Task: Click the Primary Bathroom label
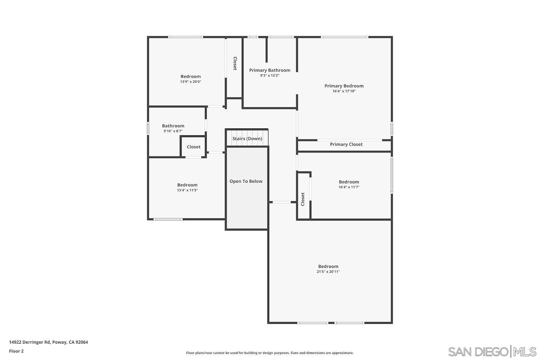pyautogui.click(x=270, y=70)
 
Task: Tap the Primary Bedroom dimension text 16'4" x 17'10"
pyautogui.click(x=344, y=91)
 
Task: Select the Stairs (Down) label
pyautogui.click(x=247, y=139)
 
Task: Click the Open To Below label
pyautogui.click(x=246, y=181)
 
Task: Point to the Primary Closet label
pyautogui.click(x=346, y=144)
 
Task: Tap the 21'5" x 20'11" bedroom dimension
pyautogui.click(x=328, y=272)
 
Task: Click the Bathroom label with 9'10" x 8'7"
pyautogui.click(x=173, y=126)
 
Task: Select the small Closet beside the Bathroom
pyautogui.click(x=193, y=147)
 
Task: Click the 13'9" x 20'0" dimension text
pyautogui.click(x=190, y=82)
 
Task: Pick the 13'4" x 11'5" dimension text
pyautogui.click(x=187, y=190)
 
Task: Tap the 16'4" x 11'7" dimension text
pyautogui.click(x=349, y=187)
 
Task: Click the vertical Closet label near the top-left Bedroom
pyautogui.click(x=235, y=64)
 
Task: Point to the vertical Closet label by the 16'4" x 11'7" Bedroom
pyautogui.click(x=303, y=199)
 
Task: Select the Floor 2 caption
pyautogui.click(x=16, y=351)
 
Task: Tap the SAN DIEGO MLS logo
pyautogui.click(x=492, y=351)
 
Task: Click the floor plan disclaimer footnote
pyautogui.click(x=270, y=353)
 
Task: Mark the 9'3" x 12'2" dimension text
pyautogui.click(x=270, y=75)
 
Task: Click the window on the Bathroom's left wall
pyautogui.click(x=148, y=128)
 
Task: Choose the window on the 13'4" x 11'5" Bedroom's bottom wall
pyautogui.click(x=168, y=219)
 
